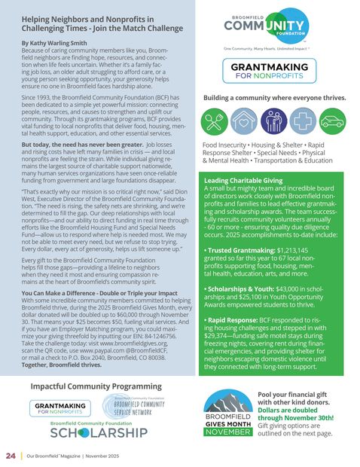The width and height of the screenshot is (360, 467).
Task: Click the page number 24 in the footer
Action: click(11, 456)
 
